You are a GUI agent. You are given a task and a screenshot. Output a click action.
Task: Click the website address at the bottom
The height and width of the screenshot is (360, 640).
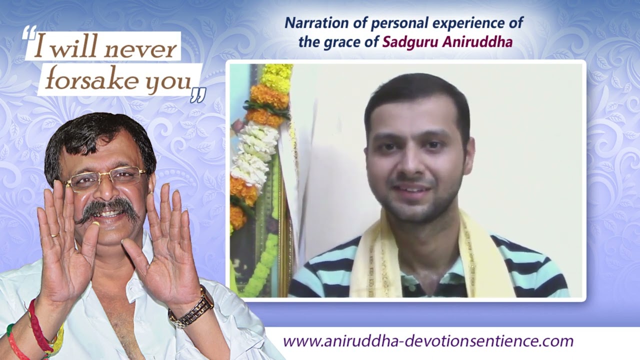[428, 341]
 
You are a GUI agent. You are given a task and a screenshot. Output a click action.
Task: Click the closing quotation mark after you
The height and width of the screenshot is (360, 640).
[198, 94]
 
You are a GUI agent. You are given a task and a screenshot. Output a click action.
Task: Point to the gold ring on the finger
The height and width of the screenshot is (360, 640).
[54, 234]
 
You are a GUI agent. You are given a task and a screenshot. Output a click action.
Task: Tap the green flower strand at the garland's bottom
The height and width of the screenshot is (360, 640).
[262, 265]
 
